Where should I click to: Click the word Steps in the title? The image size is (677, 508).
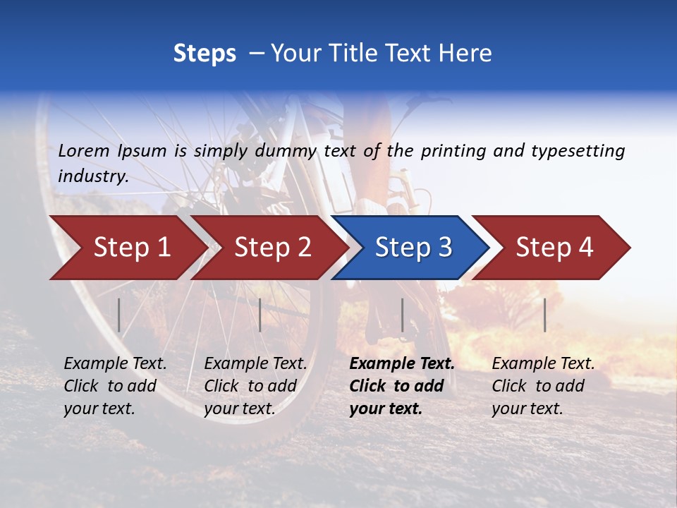pos(205,54)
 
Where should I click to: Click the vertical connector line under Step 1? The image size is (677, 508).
pos(119,315)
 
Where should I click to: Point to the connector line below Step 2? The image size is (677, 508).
pos(260,315)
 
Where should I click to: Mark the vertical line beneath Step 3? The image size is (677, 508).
pos(402,315)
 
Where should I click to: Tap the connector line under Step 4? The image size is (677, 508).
pos(544,315)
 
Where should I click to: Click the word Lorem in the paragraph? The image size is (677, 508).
pos(84,150)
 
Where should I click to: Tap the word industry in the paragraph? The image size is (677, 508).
pos(93,176)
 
